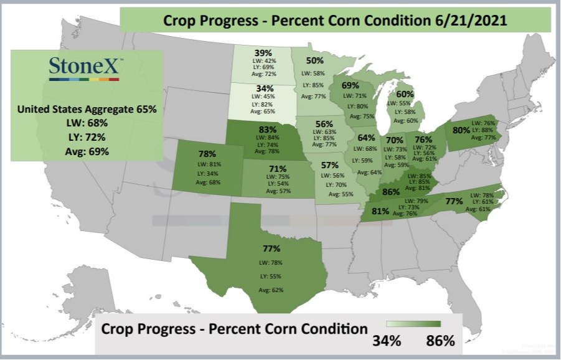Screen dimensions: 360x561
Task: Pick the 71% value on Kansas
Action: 278,169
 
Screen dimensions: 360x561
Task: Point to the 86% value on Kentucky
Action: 390,192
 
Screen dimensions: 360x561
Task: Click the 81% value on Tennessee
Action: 380,211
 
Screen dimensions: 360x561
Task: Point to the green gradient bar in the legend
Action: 413,324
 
